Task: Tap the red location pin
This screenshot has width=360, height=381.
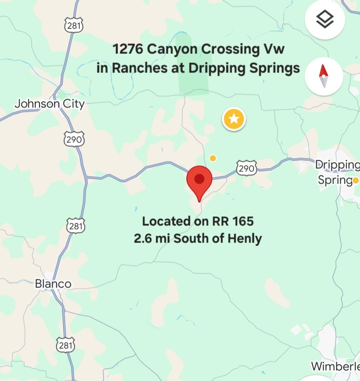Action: click(199, 180)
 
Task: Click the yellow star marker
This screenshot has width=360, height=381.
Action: click(234, 119)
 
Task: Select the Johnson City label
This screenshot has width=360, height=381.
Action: click(49, 104)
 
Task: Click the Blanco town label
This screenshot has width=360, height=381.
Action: click(53, 284)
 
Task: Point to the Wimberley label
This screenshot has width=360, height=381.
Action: click(335, 366)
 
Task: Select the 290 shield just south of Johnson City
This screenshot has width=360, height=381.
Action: click(74, 139)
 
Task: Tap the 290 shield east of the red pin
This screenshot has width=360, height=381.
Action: click(247, 169)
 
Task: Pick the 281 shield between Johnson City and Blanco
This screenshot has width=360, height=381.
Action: click(76, 226)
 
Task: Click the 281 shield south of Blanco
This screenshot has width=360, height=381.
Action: click(65, 345)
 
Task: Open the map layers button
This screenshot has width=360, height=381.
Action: click(325, 20)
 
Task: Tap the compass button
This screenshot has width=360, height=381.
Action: click(324, 76)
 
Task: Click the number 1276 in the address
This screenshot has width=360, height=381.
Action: click(128, 49)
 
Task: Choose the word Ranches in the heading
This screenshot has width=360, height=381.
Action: click(139, 68)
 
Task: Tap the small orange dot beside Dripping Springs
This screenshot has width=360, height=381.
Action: click(356, 181)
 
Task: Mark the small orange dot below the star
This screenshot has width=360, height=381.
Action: click(213, 158)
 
